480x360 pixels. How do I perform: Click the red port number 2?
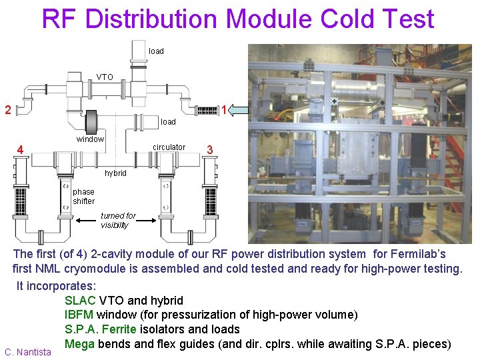coord(7,109)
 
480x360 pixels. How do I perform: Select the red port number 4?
coord(21,150)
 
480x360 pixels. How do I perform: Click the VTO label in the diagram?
coord(105,77)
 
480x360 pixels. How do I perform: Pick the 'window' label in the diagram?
coord(90,139)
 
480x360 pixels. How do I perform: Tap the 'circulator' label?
coord(169,147)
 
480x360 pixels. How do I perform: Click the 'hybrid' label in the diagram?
coord(115,173)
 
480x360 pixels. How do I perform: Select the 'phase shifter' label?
coord(84,197)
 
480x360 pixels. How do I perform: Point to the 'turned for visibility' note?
coord(118,221)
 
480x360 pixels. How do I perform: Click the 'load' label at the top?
coord(156,51)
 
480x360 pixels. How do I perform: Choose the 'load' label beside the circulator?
coord(168,122)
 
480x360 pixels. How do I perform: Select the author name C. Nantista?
coord(27,351)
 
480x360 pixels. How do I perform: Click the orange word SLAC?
coord(80,301)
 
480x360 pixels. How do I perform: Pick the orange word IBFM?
coord(79,315)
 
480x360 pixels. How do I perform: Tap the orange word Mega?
coord(79,344)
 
